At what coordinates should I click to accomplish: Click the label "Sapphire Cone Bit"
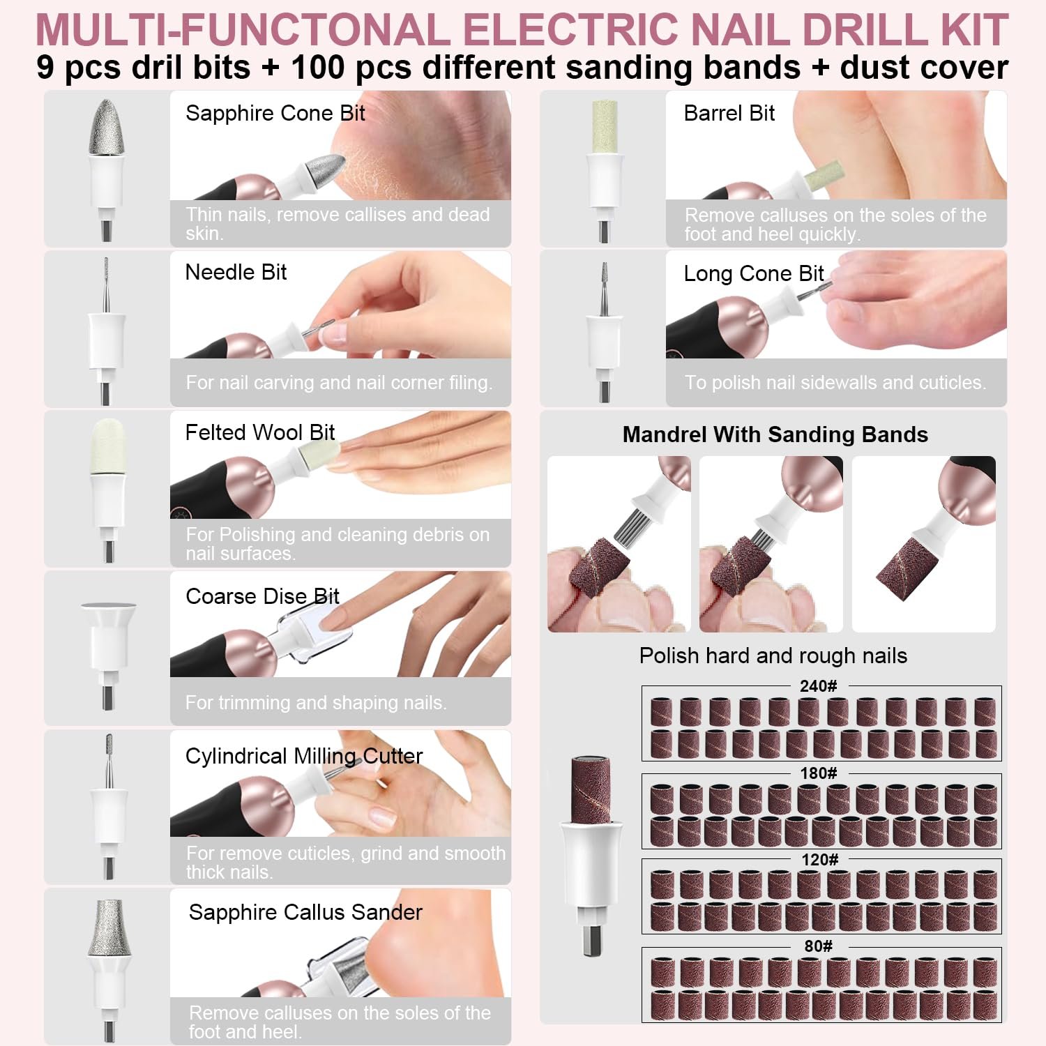275,113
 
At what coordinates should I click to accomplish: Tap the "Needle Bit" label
236,273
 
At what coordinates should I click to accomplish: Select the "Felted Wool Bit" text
259,432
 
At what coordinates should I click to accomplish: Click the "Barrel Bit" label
729,113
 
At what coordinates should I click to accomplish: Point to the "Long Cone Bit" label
753,273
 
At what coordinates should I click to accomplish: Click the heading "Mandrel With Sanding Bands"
775,434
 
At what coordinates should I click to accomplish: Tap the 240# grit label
818,686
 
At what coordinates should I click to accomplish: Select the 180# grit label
818,773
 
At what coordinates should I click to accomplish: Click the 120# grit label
819,859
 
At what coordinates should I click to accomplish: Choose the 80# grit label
818,946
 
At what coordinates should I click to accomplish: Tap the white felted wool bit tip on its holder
107,446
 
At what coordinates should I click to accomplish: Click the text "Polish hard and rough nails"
773,655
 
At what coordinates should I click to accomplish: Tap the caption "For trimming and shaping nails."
315,702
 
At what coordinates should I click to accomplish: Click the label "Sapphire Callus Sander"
305,912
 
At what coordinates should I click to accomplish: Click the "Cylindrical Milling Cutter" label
303,756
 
